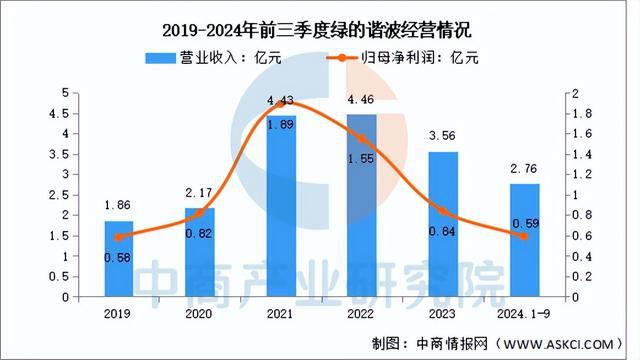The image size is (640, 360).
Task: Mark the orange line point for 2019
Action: click(x=119, y=237)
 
